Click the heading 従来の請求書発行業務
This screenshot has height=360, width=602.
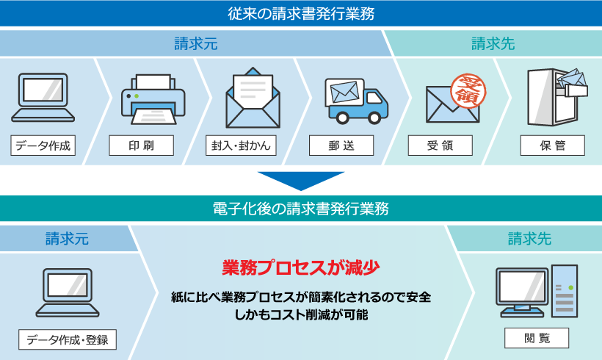[300, 12]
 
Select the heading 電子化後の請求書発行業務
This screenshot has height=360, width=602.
[300, 209]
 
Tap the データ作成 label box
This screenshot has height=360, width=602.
[43, 145]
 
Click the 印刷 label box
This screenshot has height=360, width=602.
[142, 145]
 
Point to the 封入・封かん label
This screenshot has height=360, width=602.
[240, 145]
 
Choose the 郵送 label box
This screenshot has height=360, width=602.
[341, 145]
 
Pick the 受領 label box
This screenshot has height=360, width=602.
[440, 145]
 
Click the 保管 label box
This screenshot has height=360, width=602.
[553, 145]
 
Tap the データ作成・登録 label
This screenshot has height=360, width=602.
[68, 339]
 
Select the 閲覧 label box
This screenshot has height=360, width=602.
[537, 338]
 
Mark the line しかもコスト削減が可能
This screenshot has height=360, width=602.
[300, 315]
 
